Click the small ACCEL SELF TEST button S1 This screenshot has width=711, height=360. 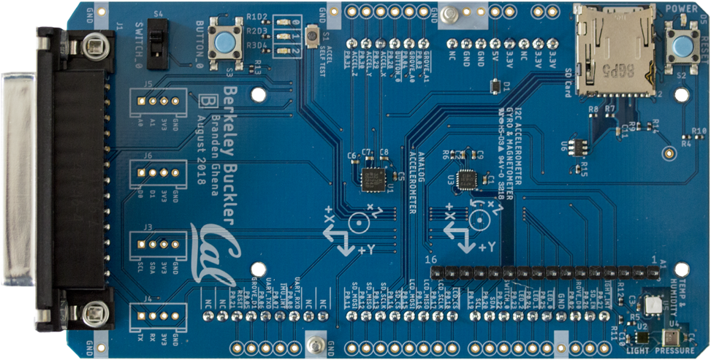click(x=313, y=34)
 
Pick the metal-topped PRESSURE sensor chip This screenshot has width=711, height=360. click(x=669, y=337)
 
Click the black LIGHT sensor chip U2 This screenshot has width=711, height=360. click(x=641, y=338)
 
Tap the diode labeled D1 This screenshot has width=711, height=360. click(x=497, y=86)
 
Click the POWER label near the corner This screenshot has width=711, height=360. click(x=683, y=9)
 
